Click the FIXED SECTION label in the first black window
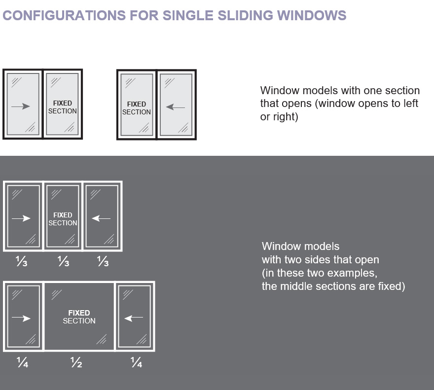[x=63, y=107]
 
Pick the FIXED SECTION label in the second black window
[x=137, y=108]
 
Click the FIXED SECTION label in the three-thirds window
[x=63, y=219]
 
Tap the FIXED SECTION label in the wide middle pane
[x=79, y=317]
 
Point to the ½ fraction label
[x=76, y=364]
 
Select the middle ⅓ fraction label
[x=63, y=262]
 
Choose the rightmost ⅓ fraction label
[x=102, y=262]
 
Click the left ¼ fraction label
[x=22, y=364]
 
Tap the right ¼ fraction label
[x=136, y=364]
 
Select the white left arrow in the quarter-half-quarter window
[x=134, y=319]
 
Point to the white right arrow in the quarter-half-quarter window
[x=21, y=319]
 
